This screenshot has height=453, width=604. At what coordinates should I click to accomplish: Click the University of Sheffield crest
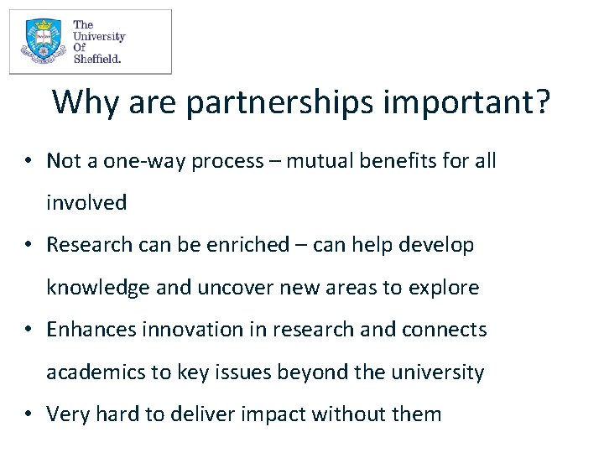(x=42, y=42)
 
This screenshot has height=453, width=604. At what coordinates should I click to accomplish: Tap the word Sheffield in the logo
(x=97, y=59)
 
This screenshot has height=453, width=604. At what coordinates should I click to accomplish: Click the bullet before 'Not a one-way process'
(x=29, y=161)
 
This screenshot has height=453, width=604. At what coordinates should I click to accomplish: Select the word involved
(x=86, y=203)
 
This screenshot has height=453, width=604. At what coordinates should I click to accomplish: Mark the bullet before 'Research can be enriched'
(x=29, y=245)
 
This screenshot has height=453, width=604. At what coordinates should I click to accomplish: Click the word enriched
(x=221, y=245)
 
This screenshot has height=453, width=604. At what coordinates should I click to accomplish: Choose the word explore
(x=444, y=288)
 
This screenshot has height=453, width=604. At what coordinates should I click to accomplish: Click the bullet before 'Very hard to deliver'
(x=29, y=414)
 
